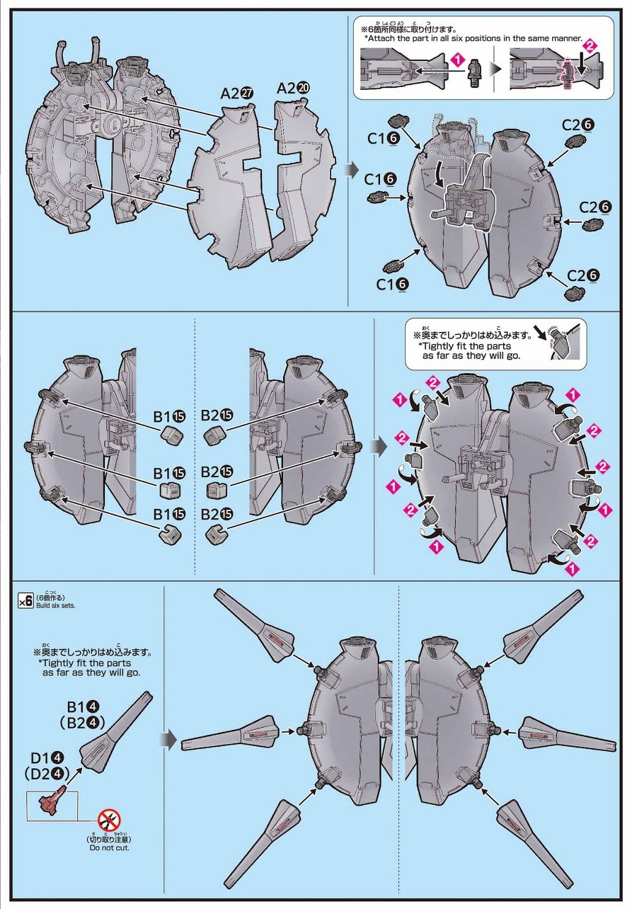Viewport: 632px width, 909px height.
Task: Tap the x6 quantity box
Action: (25, 601)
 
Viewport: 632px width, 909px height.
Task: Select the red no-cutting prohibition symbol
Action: (109, 821)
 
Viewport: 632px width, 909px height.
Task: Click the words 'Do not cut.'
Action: (109, 847)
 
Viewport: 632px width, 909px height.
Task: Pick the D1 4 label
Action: (44, 755)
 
